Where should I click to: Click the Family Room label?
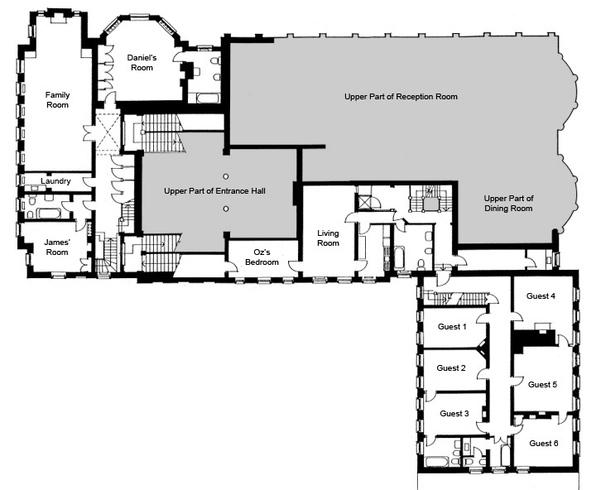[x=57, y=100]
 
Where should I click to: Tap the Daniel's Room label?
[x=142, y=63]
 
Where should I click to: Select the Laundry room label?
[x=55, y=181]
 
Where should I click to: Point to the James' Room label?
[x=57, y=247]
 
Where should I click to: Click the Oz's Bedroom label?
[x=262, y=257]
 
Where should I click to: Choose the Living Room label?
[x=328, y=238]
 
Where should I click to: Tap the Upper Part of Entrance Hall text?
[x=214, y=191]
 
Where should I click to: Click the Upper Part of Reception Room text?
[x=401, y=97]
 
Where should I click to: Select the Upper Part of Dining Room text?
[x=508, y=204]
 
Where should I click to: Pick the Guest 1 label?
[x=452, y=327]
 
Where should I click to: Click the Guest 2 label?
[x=451, y=368]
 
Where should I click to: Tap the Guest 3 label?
[x=454, y=414]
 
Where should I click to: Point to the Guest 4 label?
[x=541, y=296]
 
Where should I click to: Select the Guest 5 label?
[x=543, y=385]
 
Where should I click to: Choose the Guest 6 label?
[x=544, y=444]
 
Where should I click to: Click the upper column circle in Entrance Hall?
[x=226, y=177]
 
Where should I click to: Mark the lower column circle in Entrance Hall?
[x=226, y=209]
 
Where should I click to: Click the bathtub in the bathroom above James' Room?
[x=48, y=213]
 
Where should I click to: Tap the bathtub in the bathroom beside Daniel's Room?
[x=208, y=98]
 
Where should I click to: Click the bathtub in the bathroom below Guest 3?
[x=437, y=462]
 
